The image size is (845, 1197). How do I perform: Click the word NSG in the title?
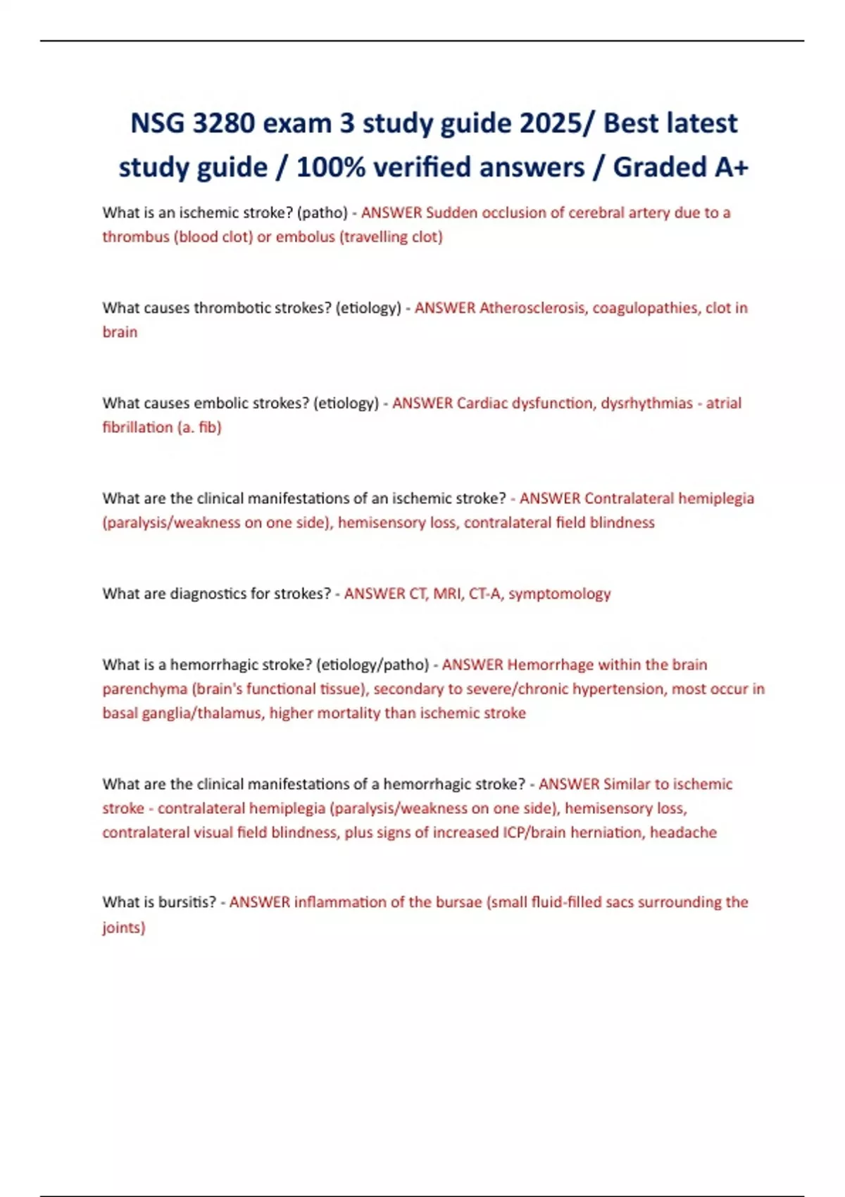157,123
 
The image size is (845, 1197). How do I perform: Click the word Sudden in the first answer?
452,213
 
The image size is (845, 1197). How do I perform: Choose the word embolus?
306,237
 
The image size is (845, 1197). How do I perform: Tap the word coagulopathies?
646,308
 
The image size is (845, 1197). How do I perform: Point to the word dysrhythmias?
646,403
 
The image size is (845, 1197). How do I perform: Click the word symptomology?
560,594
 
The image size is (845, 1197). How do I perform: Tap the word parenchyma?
144,689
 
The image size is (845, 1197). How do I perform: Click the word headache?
683,832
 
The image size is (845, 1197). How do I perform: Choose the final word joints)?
124,927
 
